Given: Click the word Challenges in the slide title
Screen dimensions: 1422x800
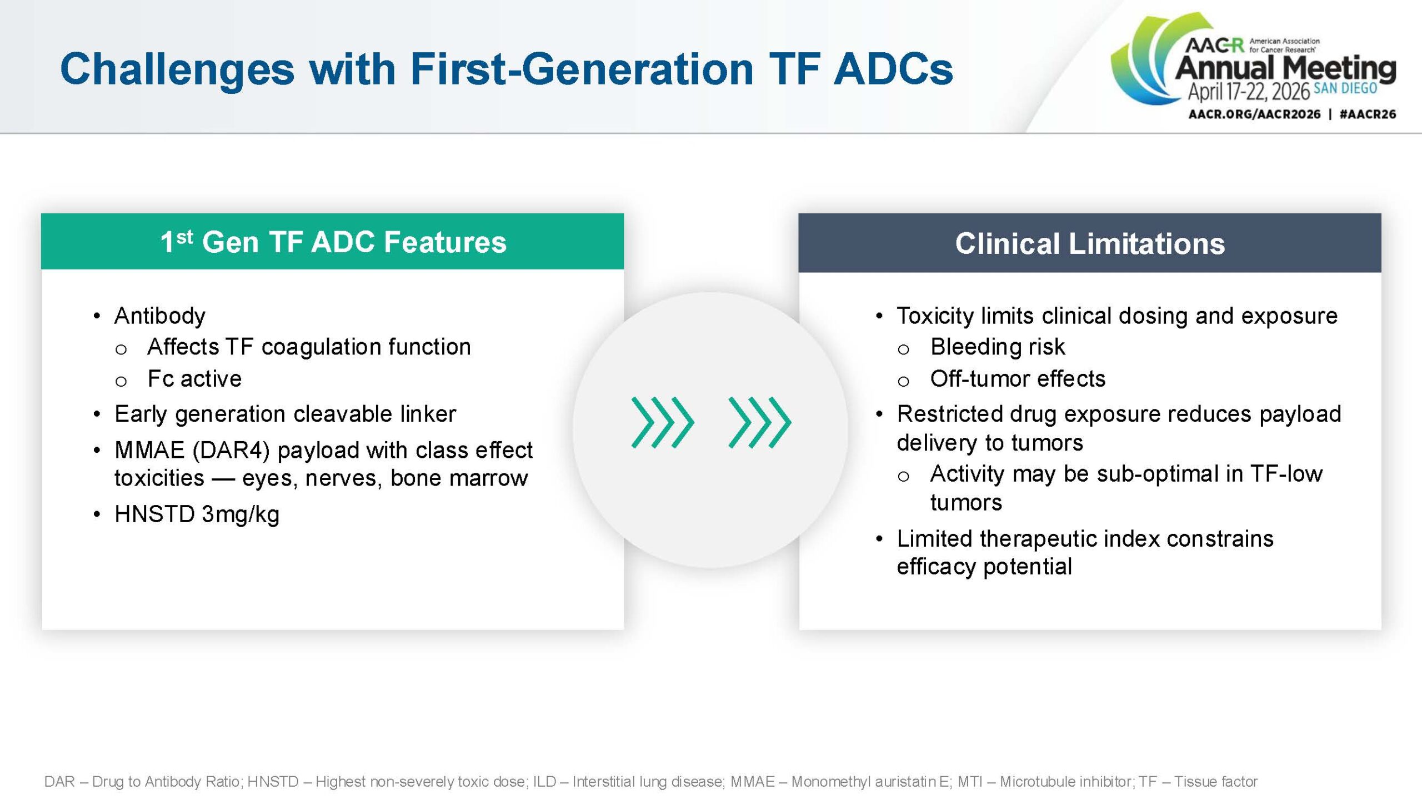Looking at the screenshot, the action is point(177,69).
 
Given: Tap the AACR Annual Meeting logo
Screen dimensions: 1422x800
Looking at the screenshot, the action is point(1253,66).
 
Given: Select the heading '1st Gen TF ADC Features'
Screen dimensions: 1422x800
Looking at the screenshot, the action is point(333,242).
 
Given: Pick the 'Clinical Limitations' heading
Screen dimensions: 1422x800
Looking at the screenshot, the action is point(1090,243).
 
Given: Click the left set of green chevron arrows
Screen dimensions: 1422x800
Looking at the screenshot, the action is point(663,422).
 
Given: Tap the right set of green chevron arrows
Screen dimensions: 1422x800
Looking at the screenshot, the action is point(759,422).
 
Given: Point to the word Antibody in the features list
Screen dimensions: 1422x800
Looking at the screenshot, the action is point(160,316).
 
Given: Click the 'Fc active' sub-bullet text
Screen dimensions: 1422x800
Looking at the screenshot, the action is point(194,379).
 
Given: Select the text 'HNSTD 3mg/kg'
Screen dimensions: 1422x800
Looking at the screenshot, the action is point(197,514).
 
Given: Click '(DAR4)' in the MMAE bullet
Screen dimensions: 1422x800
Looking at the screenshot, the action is point(231,450).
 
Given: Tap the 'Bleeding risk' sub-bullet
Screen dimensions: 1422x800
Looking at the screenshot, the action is point(998,347).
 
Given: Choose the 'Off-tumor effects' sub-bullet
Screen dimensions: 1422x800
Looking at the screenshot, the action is point(1018,379).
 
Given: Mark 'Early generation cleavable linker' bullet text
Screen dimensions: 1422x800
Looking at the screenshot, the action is point(285,414).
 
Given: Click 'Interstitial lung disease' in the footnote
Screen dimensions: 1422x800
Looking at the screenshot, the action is point(648,782).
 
